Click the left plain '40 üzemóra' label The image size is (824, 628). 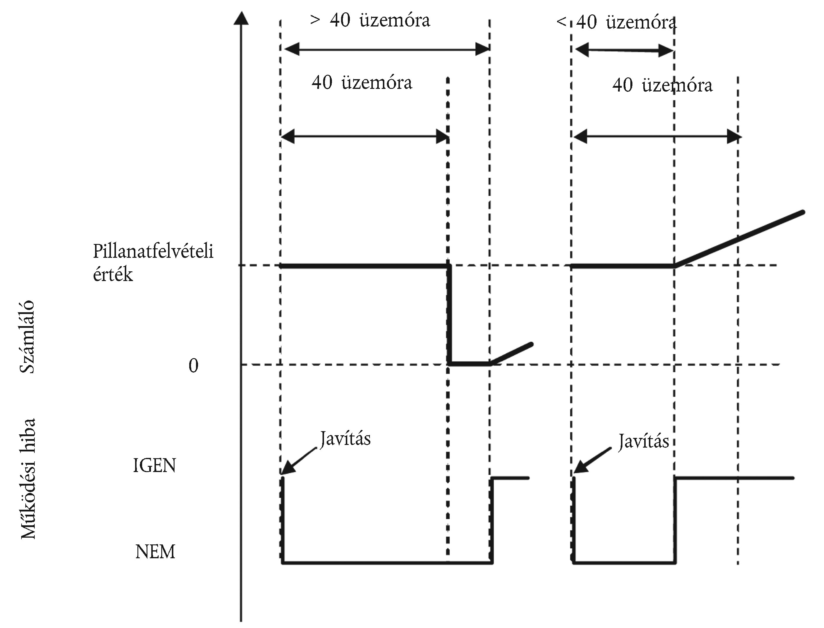point(362,82)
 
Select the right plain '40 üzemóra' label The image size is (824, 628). point(662,85)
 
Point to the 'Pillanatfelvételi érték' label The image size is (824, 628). point(153,263)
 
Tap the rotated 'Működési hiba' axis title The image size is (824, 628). point(28,479)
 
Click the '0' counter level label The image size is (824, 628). point(193,365)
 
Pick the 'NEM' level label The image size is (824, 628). point(155,552)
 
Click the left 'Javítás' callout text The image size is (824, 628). point(345,439)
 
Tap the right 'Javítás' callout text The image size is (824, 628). point(643,441)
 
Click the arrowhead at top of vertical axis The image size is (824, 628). point(241,18)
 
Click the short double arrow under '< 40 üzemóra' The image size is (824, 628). point(624,50)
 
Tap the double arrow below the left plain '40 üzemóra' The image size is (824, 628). point(365,137)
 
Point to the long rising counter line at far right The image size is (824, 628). point(739,239)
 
